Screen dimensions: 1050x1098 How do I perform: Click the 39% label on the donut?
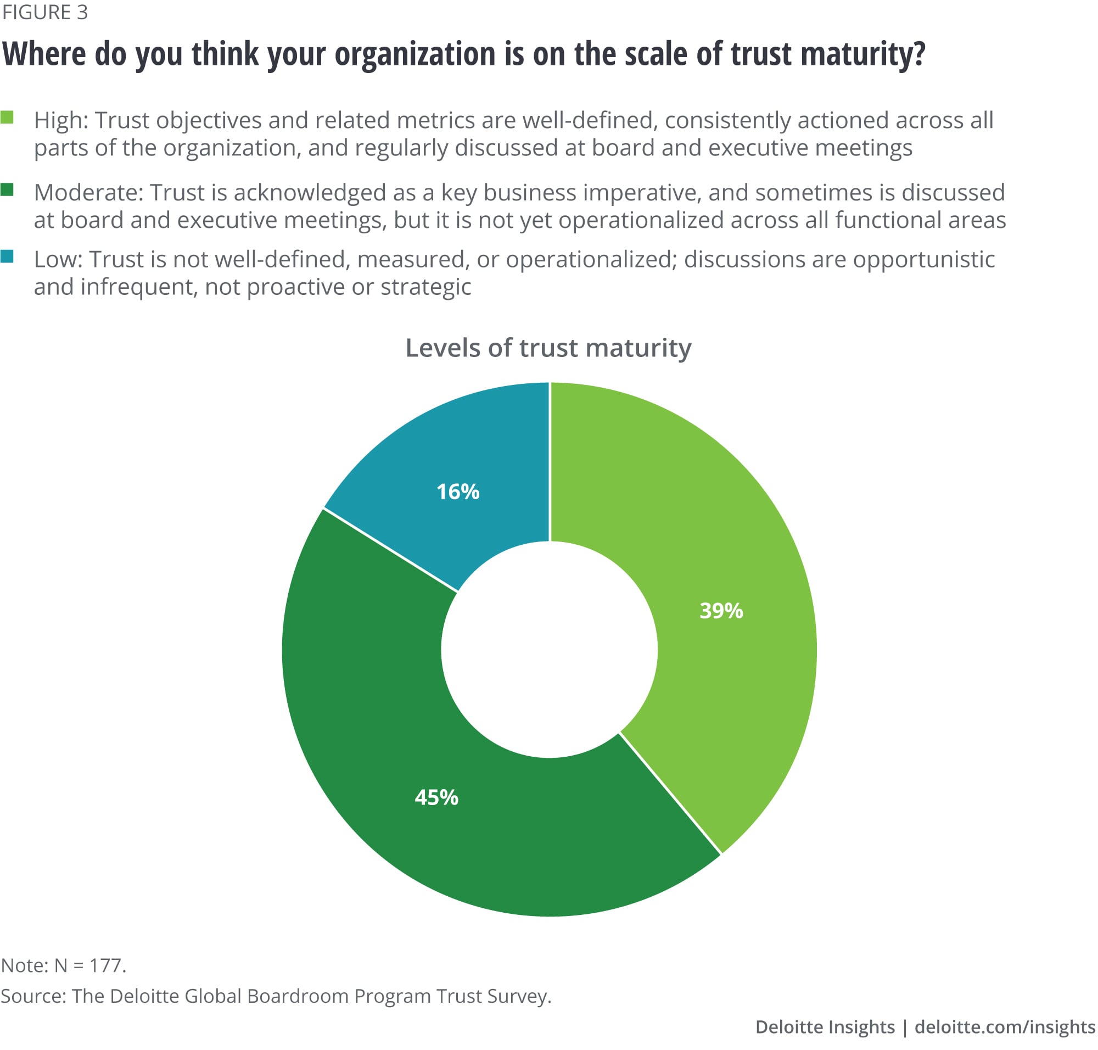721,610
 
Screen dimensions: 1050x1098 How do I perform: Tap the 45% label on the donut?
436,797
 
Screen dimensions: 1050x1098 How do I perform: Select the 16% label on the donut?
458,492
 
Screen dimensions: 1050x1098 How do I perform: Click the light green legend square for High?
7,117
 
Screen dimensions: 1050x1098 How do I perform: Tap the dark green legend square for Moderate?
7,190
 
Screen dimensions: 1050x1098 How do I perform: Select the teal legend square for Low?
7,256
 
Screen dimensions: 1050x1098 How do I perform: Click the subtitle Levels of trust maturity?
548,348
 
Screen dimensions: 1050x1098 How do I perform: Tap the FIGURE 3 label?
45,12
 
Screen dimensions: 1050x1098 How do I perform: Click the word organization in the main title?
415,54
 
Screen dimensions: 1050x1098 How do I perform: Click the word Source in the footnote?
32,996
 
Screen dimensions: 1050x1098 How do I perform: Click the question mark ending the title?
918,54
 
